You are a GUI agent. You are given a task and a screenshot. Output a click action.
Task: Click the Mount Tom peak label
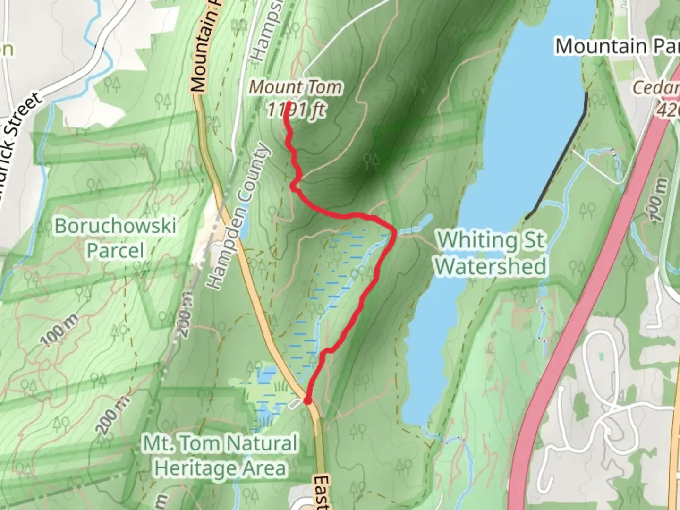click(296, 87)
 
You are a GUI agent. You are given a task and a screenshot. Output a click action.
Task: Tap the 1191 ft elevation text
click(296, 110)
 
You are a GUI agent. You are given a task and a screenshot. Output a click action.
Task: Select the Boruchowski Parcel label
click(115, 238)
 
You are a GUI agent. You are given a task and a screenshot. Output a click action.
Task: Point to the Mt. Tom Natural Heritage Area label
click(221, 456)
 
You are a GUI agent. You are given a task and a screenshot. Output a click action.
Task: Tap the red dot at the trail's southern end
click(307, 400)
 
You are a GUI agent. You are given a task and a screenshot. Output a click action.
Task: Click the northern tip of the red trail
click(287, 102)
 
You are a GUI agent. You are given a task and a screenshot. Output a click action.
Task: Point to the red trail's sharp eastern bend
click(393, 230)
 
